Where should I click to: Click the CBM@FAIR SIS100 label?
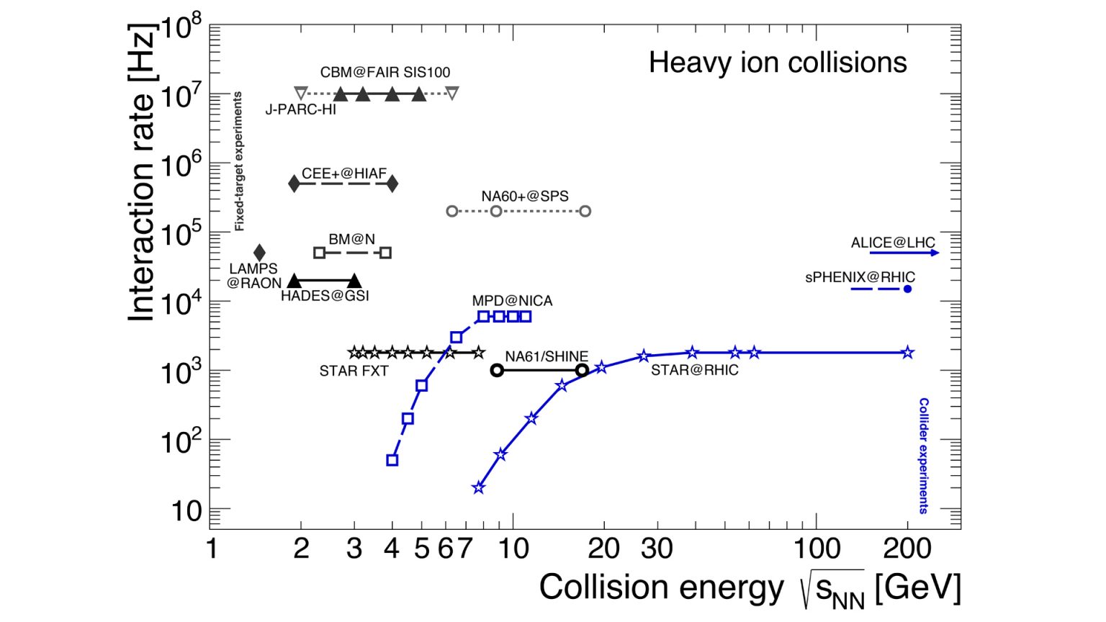[385, 72]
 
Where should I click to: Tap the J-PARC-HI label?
[300, 110]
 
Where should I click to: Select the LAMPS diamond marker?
[259, 253]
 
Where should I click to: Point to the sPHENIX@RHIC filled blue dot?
[907, 289]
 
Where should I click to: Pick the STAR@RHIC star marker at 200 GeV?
[907, 353]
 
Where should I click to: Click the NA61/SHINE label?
[547, 356]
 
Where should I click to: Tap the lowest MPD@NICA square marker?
[392, 460]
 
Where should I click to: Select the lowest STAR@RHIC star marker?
[478, 487]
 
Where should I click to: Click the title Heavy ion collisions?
[778, 63]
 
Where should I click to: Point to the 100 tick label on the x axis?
[817, 549]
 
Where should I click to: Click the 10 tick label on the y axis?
[186, 511]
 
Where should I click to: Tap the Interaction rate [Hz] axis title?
[142, 173]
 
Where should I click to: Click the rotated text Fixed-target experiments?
[239, 161]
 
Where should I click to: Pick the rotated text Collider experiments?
[924, 456]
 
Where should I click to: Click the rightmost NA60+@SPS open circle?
[585, 211]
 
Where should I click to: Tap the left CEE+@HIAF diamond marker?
[294, 184]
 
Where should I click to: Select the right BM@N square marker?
[385, 253]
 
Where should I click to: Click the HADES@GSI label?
[325, 295]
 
